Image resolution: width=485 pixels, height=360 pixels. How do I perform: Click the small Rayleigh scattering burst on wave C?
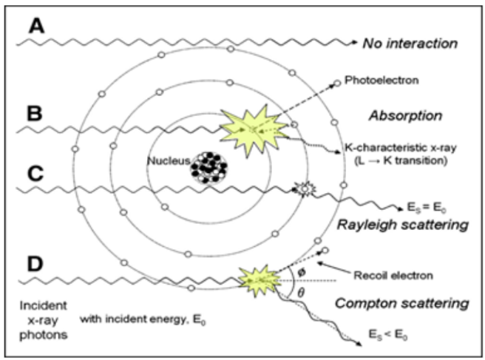(x=302, y=189)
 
